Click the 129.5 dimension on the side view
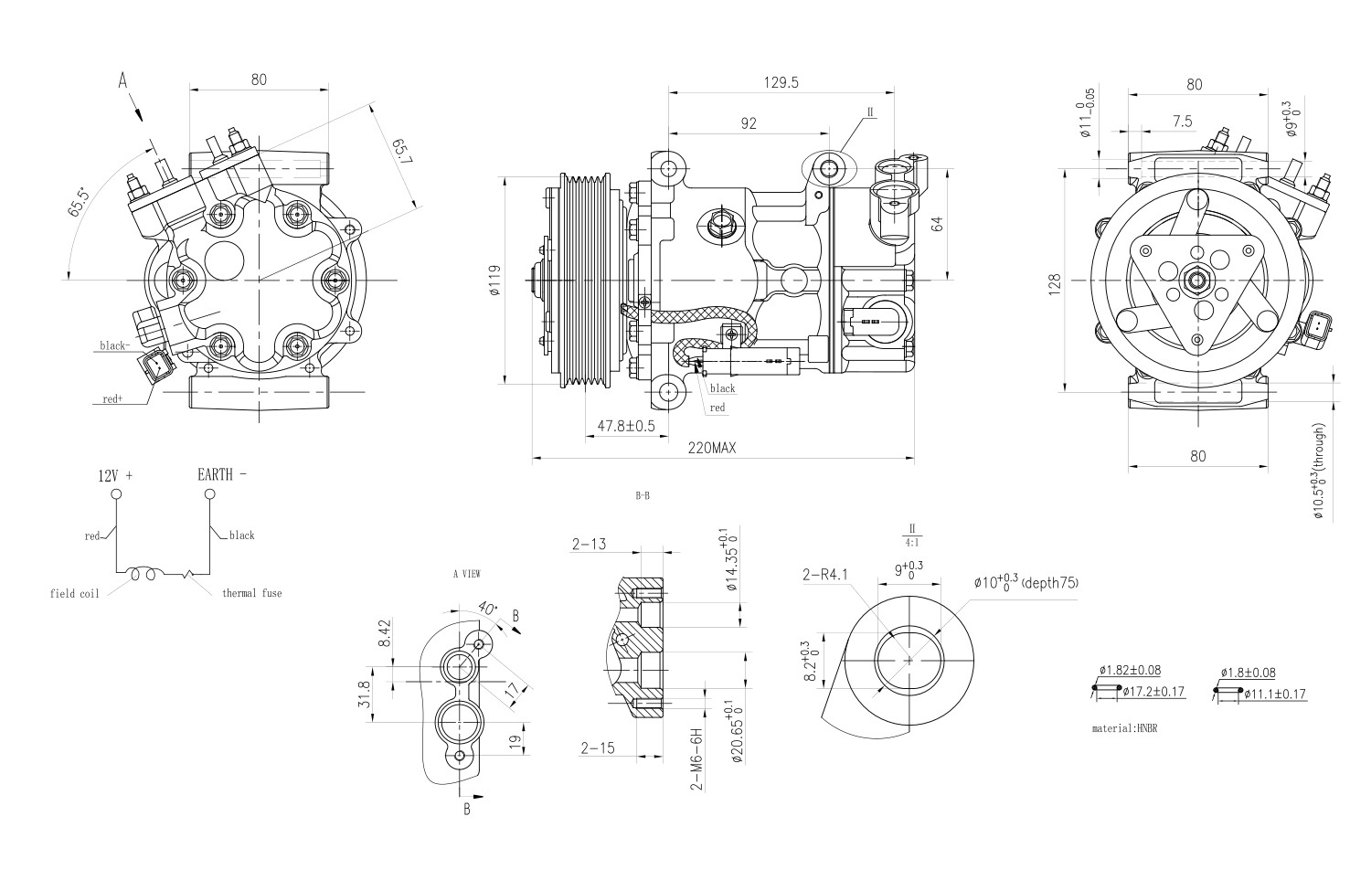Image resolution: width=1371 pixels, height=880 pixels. pyautogui.click(x=781, y=82)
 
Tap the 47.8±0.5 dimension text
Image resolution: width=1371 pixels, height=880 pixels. pyautogui.click(x=626, y=426)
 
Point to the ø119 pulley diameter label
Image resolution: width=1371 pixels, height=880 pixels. pyautogui.click(x=494, y=281)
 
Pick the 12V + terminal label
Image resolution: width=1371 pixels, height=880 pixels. pyautogui.click(x=115, y=476)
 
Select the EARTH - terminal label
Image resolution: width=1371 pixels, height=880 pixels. pyautogui.click(x=221, y=474)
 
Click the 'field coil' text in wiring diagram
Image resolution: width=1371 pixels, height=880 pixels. pyautogui.click(x=74, y=593)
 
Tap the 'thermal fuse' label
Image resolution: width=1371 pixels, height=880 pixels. pyautogui.click(x=251, y=593)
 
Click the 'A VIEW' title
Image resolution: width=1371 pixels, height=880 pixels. pyautogui.click(x=466, y=575)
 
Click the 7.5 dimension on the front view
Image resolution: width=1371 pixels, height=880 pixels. pyautogui.click(x=1181, y=122)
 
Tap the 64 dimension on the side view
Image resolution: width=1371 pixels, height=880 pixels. pyautogui.click(x=936, y=224)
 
